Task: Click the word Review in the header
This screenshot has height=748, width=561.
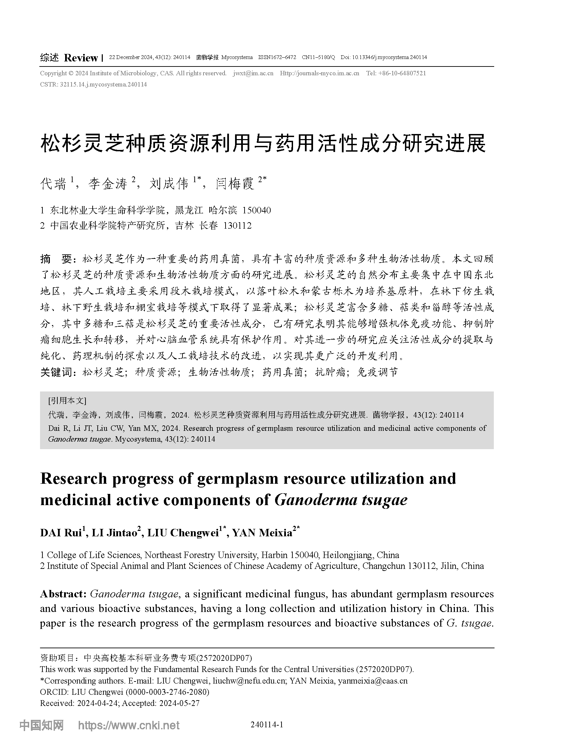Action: click(x=81, y=58)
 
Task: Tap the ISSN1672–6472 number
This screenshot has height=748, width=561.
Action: click(x=277, y=57)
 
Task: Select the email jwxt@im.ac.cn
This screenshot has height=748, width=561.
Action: click(x=253, y=73)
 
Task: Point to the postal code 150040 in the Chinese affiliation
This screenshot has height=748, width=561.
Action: click(x=256, y=211)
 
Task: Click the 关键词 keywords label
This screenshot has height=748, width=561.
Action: click(x=56, y=372)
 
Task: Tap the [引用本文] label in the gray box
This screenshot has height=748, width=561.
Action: click(x=67, y=401)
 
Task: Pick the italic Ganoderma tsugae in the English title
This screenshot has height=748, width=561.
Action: click(x=341, y=500)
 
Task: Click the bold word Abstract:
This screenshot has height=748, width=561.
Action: click(x=63, y=594)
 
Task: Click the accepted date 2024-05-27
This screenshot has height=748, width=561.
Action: click(x=179, y=703)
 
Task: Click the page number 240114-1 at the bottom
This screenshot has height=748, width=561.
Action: click(x=267, y=725)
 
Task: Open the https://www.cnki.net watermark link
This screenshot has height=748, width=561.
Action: click(x=129, y=726)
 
